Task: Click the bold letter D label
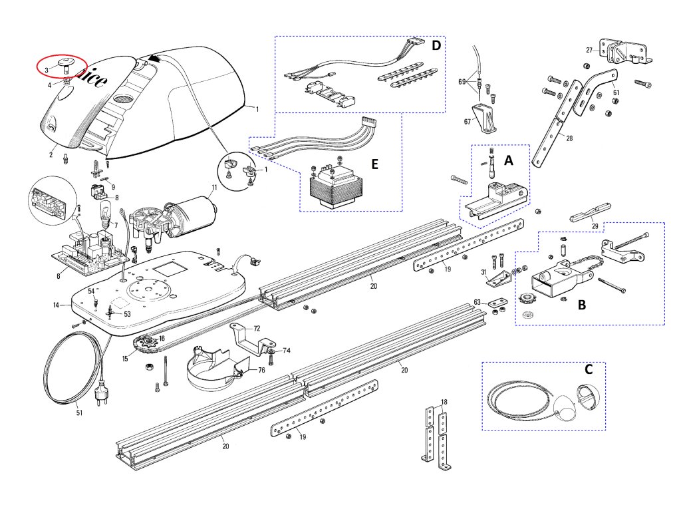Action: [436, 45]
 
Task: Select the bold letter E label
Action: [375, 164]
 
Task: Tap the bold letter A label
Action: [509, 161]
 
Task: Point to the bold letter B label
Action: [582, 305]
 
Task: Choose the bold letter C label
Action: [589, 369]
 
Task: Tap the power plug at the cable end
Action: [101, 393]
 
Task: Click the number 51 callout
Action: [79, 413]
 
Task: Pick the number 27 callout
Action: [589, 50]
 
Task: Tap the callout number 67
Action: [468, 122]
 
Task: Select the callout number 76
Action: [261, 370]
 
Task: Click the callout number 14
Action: [56, 305]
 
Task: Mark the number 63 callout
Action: [477, 302]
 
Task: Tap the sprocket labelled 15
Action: [146, 345]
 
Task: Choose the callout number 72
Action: [257, 329]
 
